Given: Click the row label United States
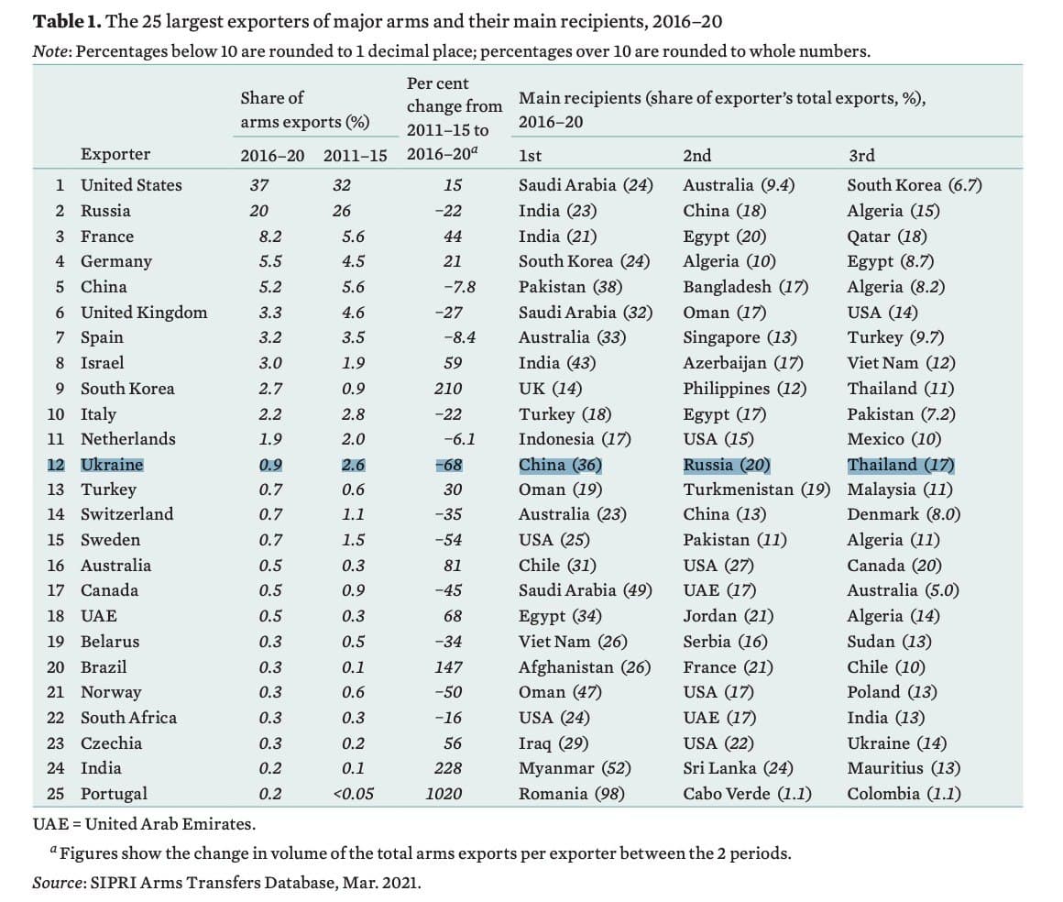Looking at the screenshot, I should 131,185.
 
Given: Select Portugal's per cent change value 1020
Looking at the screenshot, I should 444,794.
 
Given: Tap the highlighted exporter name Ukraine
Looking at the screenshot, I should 112,465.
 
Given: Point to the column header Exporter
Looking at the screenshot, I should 115,154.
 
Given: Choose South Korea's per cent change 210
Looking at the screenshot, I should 448,389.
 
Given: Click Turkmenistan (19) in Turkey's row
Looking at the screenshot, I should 756,489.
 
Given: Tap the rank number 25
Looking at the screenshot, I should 57,794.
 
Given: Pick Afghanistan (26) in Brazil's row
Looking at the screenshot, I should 584,667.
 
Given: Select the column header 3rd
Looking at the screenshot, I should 861,156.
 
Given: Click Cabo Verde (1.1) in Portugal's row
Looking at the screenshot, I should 747,794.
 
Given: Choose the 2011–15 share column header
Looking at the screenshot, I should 355,154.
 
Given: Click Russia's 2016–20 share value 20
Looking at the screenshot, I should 259,211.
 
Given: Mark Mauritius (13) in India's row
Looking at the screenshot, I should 904,768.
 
